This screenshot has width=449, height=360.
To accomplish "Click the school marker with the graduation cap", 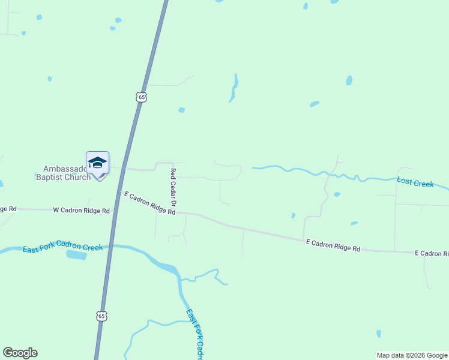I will coord(97,163).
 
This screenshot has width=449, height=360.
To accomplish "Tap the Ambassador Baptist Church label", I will coord(62,173).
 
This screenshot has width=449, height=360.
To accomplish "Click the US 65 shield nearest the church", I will coord(140,97).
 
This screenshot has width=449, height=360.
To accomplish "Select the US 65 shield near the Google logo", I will coord(101,316).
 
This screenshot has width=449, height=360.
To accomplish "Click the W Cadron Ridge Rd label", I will coord(82,211).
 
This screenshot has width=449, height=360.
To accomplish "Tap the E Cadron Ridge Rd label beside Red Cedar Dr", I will coord(149,203).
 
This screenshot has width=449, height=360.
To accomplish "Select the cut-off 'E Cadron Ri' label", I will coord(432,254).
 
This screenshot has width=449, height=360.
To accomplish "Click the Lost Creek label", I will coord(415,182).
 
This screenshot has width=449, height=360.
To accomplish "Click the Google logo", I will coord(20,353).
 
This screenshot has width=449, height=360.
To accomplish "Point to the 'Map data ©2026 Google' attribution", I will coord(412,355).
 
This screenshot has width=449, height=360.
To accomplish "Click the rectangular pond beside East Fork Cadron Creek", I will coord(76,255).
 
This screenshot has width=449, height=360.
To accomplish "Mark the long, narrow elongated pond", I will coord(234,88).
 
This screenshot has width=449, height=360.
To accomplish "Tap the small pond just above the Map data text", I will coord(378,333).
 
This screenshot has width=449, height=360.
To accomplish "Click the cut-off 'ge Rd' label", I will coord(8,209).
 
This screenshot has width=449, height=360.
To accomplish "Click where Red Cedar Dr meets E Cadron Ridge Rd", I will coord(178,212).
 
